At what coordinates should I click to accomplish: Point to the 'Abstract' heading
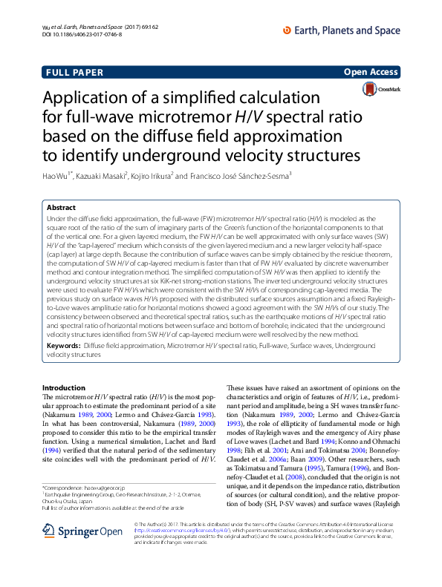(x=61, y=208)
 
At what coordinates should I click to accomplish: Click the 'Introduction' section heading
(x=64, y=388)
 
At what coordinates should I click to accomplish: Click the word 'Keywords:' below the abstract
(x=63, y=346)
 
